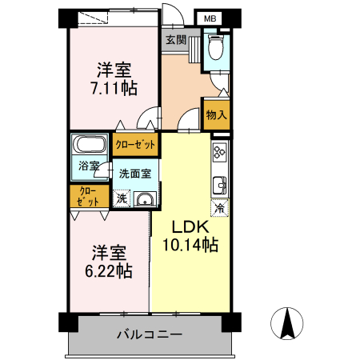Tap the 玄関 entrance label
pyautogui.click(x=176, y=39)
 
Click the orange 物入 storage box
pyautogui.click(x=216, y=114)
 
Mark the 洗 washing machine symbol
pyautogui.click(x=121, y=198)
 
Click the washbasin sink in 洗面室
pyautogui.click(x=143, y=200)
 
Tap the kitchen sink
pyautogui.click(x=219, y=186)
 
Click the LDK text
pyautogui.click(x=190, y=227)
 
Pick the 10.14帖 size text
pyautogui.click(x=190, y=246)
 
